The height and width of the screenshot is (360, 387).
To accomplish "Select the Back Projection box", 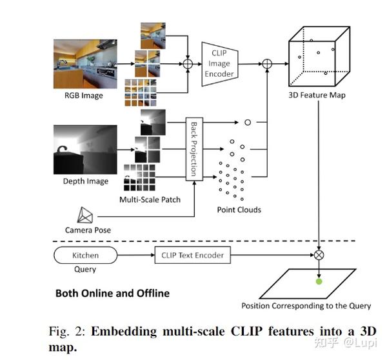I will (192, 148).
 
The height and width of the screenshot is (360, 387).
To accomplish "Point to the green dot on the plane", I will (318, 281).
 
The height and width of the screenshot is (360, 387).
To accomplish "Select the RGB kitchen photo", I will (83, 65).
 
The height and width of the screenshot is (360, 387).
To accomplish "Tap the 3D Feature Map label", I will (317, 95).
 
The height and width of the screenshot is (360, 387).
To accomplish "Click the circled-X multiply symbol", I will (318, 255).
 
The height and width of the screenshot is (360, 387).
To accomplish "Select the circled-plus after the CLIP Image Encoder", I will (267, 64).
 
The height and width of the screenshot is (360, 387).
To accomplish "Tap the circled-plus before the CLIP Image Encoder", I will (188, 65).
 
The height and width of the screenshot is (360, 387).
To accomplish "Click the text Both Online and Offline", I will (112, 293).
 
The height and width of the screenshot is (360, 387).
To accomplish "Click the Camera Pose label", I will (88, 230).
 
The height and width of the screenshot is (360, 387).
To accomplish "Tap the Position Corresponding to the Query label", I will (305, 305).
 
